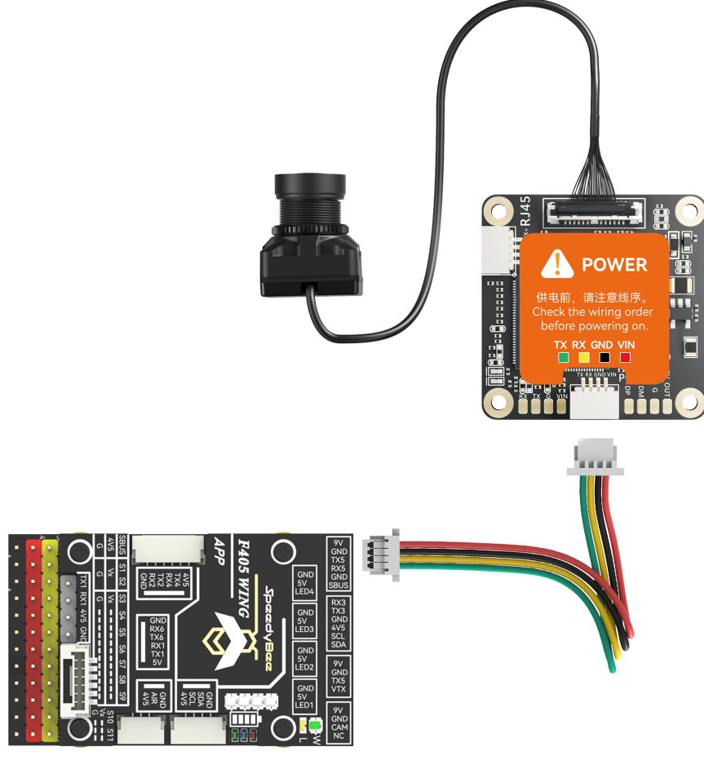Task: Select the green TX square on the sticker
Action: pos(561,357)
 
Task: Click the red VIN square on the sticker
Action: pos(626,357)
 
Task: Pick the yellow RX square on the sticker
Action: pos(582,357)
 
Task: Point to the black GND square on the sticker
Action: pos(604,357)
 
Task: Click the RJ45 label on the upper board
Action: pos(525,211)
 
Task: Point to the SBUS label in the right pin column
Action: pos(339,585)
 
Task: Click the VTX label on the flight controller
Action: pos(339,690)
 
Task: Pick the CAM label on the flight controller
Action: pos(339,727)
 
